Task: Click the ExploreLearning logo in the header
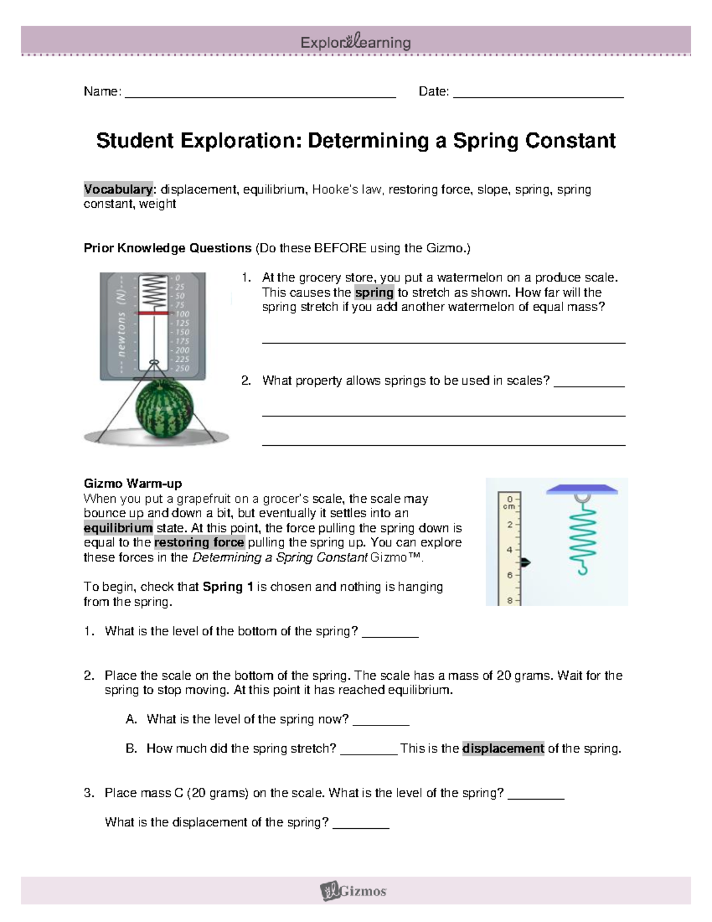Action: tap(355, 42)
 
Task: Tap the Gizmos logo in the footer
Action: tap(354, 891)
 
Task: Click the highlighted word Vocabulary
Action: tap(118, 189)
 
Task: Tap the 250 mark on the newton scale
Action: tap(182, 368)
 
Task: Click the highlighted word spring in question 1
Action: tap(374, 293)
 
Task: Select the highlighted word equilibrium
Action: tap(118, 528)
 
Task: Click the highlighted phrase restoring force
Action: tap(199, 543)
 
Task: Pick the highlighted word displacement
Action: tap(503, 749)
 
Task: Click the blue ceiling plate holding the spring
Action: tap(582, 490)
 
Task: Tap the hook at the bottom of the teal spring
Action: tap(582, 569)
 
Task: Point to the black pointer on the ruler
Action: tap(525, 562)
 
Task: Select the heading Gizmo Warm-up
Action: tap(132, 483)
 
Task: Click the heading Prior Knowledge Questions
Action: tap(167, 248)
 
